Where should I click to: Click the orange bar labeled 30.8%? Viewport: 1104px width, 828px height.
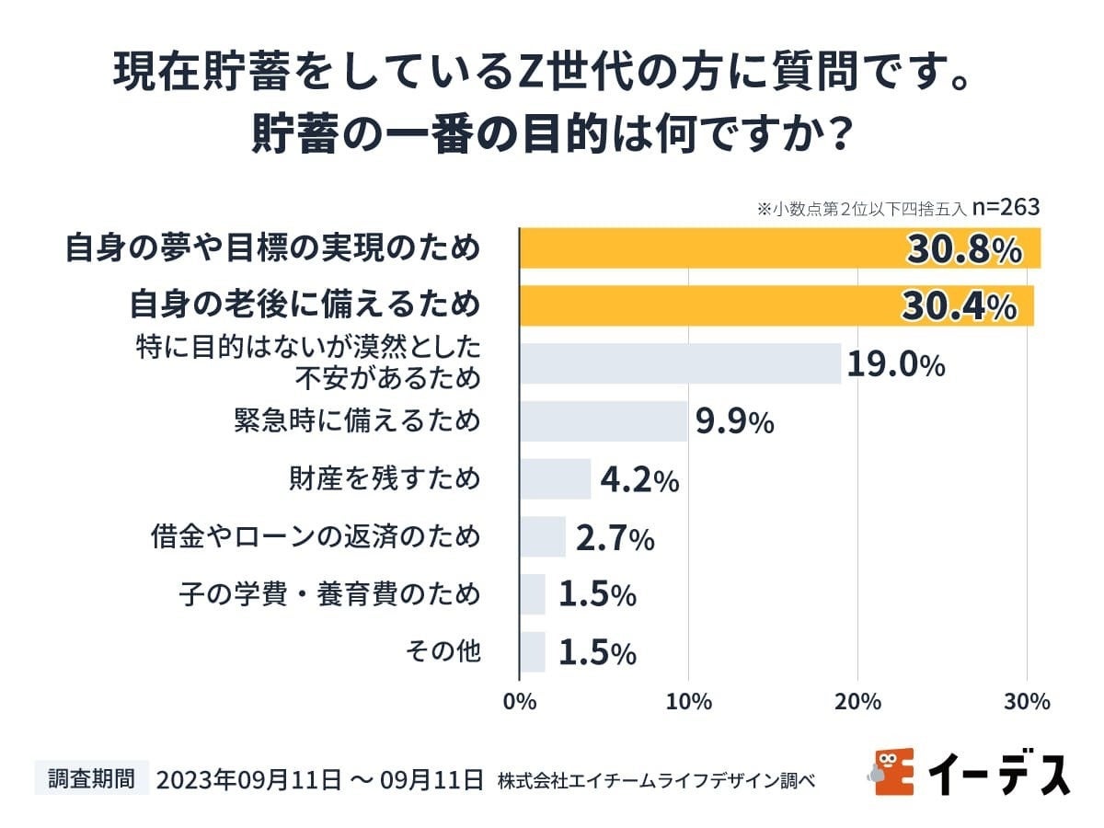click(x=779, y=248)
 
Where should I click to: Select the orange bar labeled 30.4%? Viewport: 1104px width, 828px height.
click(x=776, y=305)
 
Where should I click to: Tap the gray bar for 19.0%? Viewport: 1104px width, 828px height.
click(x=680, y=363)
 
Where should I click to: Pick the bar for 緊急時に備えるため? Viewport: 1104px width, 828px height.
click(x=604, y=421)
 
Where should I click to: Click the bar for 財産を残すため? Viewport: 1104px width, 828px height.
click(x=555, y=478)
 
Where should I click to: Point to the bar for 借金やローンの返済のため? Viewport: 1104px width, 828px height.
click(x=543, y=536)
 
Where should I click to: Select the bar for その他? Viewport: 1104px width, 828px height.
click(x=533, y=651)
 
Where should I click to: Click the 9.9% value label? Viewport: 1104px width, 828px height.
click(x=734, y=422)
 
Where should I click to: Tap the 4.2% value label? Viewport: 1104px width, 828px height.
click(x=638, y=479)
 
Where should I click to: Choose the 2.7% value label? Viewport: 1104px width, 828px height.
click(x=615, y=537)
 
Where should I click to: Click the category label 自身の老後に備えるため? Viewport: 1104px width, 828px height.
click(x=305, y=305)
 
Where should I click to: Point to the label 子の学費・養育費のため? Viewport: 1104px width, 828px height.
click(x=328, y=593)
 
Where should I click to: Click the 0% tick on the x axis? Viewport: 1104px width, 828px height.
click(x=520, y=702)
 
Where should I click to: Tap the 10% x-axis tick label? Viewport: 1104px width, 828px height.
click(x=688, y=702)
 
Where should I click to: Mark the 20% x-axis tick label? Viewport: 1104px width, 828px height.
click(x=857, y=702)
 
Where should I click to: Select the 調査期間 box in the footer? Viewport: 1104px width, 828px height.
click(x=91, y=778)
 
